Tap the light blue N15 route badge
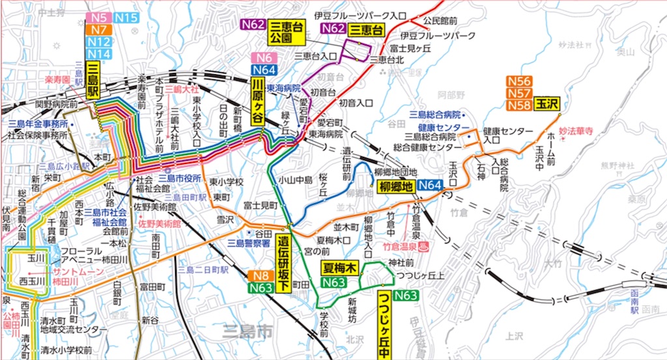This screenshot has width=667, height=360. pyautogui.click(x=126, y=18)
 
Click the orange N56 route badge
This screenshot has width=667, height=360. pyautogui.click(x=519, y=81)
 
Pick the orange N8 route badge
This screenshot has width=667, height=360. pyautogui.click(x=261, y=275)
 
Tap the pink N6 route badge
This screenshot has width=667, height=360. pyautogui.click(x=264, y=58)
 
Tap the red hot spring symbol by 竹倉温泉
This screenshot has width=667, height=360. pyautogui.click(x=424, y=247)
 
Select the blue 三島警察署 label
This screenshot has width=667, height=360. pyautogui.click(x=248, y=242)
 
